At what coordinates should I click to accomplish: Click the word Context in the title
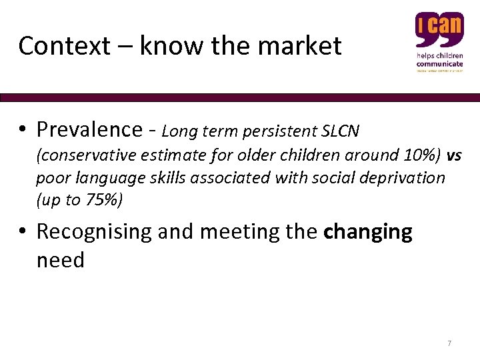click(x=54, y=46)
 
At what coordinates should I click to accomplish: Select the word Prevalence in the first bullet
click(x=89, y=129)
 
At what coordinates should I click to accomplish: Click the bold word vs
click(x=454, y=156)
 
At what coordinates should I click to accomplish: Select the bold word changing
click(x=367, y=232)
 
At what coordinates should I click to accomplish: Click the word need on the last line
click(x=60, y=259)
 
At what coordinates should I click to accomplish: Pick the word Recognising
click(x=94, y=232)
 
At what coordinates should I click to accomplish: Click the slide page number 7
click(x=449, y=343)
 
